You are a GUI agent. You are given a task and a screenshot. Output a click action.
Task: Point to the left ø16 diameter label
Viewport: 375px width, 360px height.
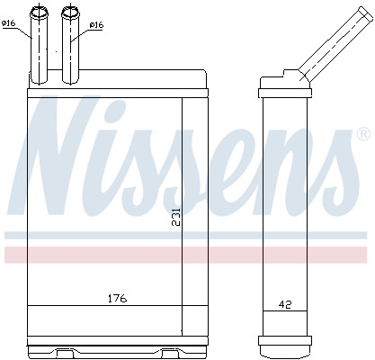click(10, 24)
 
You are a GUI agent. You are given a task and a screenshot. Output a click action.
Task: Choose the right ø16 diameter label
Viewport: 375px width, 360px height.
click(96, 25)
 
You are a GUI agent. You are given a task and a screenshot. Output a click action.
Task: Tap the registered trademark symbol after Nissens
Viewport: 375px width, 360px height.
click(362, 134)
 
